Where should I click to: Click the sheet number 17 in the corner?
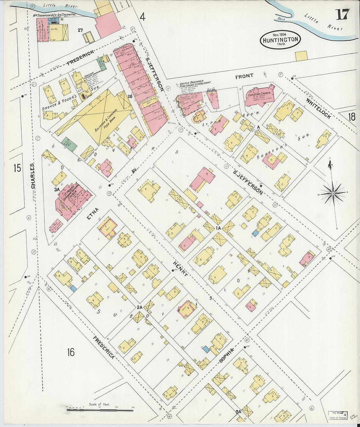[x=342, y=14]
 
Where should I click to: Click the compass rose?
[x=333, y=193]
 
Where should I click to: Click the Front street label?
[x=244, y=76]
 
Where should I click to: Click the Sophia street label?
[x=227, y=355]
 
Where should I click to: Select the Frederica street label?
[x=103, y=347]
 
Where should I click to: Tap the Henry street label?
[x=181, y=269]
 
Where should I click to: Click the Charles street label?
[x=33, y=176]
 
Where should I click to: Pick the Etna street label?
[x=93, y=213]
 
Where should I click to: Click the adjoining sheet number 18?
[x=351, y=117]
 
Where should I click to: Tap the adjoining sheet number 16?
[x=71, y=352]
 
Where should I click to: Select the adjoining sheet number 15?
[x=17, y=168]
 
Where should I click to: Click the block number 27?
[x=80, y=30]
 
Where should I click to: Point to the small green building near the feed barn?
[x=70, y=144]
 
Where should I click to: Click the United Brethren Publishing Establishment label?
[x=194, y=86]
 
